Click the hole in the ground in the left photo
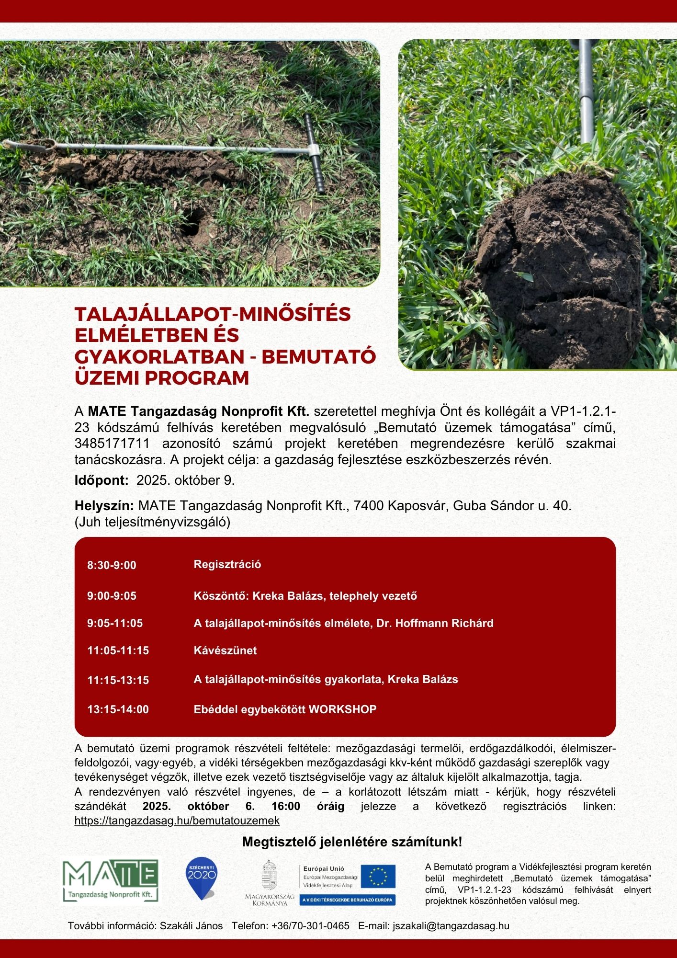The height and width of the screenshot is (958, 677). pyautogui.click(x=193, y=221)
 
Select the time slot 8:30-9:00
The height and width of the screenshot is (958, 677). pyautogui.click(x=112, y=565)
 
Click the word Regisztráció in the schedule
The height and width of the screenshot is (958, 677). pyautogui.click(x=227, y=564)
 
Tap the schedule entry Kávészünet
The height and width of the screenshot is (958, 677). pyautogui.click(x=225, y=650)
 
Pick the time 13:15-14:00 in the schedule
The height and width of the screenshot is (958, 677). pyautogui.click(x=118, y=709)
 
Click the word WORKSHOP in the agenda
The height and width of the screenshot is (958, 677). pyautogui.click(x=342, y=709)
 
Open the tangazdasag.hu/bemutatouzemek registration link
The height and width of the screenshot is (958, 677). pyautogui.click(x=177, y=821)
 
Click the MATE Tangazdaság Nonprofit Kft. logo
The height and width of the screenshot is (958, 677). pyautogui.click(x=111, y=881)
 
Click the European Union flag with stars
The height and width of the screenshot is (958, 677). pyautogui.click(x=378, y=877)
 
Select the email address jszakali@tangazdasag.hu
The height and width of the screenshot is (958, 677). pyautogui.click(x=451, y=926)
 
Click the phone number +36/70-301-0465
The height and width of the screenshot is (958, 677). pyautogui.click(x=310, y=926)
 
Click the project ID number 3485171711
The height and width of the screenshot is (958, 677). pyautogui.click(x=112, y=443)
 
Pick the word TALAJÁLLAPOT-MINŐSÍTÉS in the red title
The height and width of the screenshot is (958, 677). pyautogui.click(x=213, y=314)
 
